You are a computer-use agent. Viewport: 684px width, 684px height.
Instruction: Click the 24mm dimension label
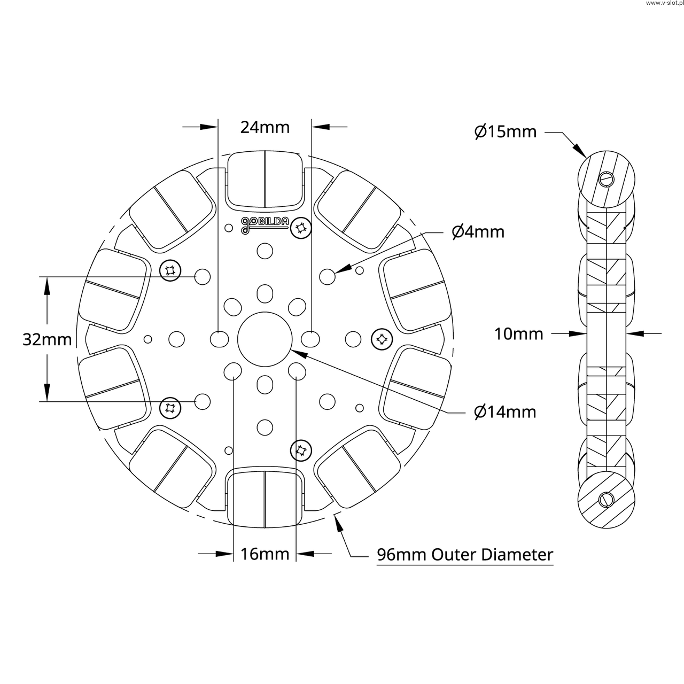click(265, 127)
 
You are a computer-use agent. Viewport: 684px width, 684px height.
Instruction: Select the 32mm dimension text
click(47, 339)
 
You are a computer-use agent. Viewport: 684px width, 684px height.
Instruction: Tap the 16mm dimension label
click(265, 554)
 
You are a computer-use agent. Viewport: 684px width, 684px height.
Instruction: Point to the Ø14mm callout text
click(505, 412)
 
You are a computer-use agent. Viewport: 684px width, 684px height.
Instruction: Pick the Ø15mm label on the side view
click(506, 131)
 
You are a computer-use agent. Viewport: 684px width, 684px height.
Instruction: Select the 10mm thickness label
click(518, 334)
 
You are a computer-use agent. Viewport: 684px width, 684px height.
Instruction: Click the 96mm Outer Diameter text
click(465, 555)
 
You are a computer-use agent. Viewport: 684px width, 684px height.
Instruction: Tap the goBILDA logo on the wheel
click(265, 224)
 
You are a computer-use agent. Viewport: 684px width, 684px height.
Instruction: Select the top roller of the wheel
click(265, 180)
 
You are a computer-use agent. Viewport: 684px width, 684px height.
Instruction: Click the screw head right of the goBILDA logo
click(300, 229)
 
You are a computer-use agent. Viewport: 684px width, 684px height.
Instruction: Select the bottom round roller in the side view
click(607, 500)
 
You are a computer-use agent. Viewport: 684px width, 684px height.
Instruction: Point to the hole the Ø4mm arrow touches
click(328, 276)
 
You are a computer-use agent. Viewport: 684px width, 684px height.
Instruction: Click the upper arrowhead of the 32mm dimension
click(47, 286)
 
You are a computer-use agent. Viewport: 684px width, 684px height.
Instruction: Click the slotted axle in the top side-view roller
click(605, 178)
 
